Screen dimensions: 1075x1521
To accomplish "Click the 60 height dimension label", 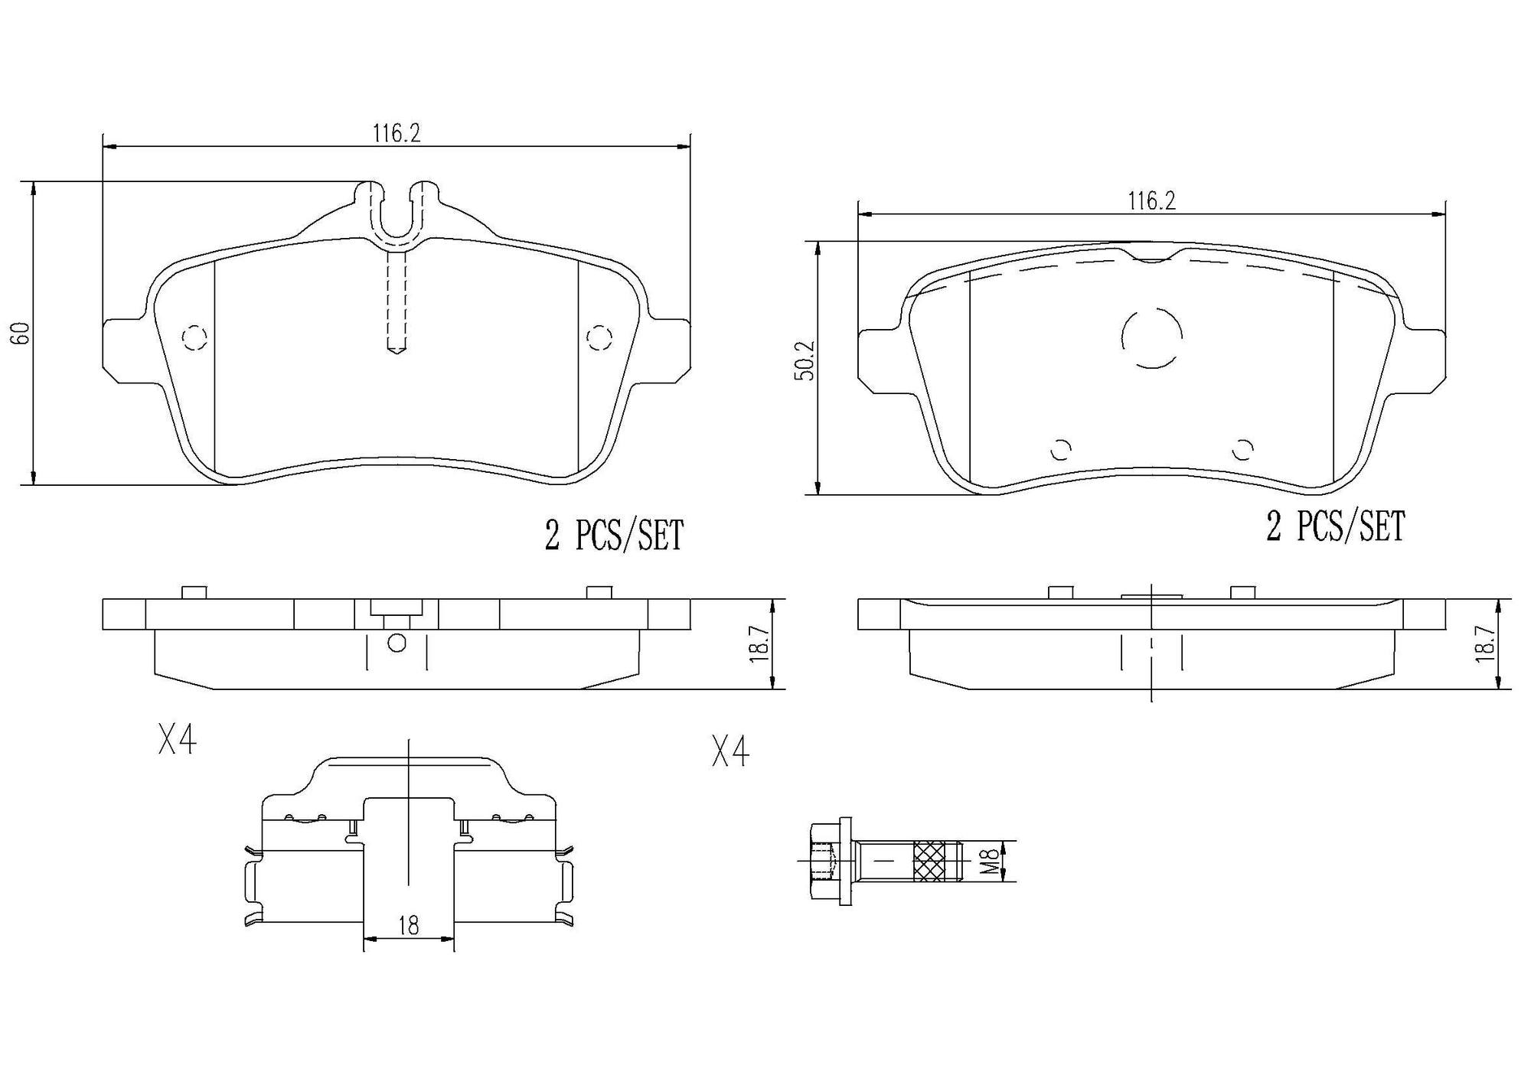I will pyautogui.click(x=23, y=332).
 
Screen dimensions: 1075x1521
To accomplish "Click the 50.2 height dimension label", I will pyautogui.click(x=805, y=361).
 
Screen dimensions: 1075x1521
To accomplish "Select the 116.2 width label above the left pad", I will pyautogui.click(x=397, y=133).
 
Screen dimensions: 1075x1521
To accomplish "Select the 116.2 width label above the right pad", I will pyautogui.click(x=1151, y=201).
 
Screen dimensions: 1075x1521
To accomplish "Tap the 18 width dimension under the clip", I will pyautogui.click(x=409, y=927).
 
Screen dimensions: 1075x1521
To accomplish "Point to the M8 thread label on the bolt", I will pyautogui.click(x=990, y=860).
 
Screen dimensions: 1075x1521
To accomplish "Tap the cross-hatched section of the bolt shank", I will pyautogui.click(x=929, y=861).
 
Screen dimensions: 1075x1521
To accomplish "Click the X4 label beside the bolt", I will pyautogui.click(x=729, y=751).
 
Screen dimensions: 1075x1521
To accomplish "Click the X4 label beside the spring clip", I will pyautogui.click(x=177, y=741).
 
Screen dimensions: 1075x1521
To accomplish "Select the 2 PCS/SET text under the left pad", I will pyautogui.click(x=613, y=536).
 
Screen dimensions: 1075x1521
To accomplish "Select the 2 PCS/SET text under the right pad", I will pyautogui.click(x=1335, y=527).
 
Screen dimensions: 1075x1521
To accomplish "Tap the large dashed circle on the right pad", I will pyautogui.click(x=1151, y=337).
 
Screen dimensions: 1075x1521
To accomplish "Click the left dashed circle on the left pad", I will pyautogui.click(x=194, y=337).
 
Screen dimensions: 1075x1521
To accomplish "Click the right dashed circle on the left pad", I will pyautogui.click(x=599, y=337).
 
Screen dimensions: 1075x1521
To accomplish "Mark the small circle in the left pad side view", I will pyautogui.click(x=397, y=643).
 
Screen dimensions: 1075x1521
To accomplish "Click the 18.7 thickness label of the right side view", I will pyautogui.click(x=1484, y=643).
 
